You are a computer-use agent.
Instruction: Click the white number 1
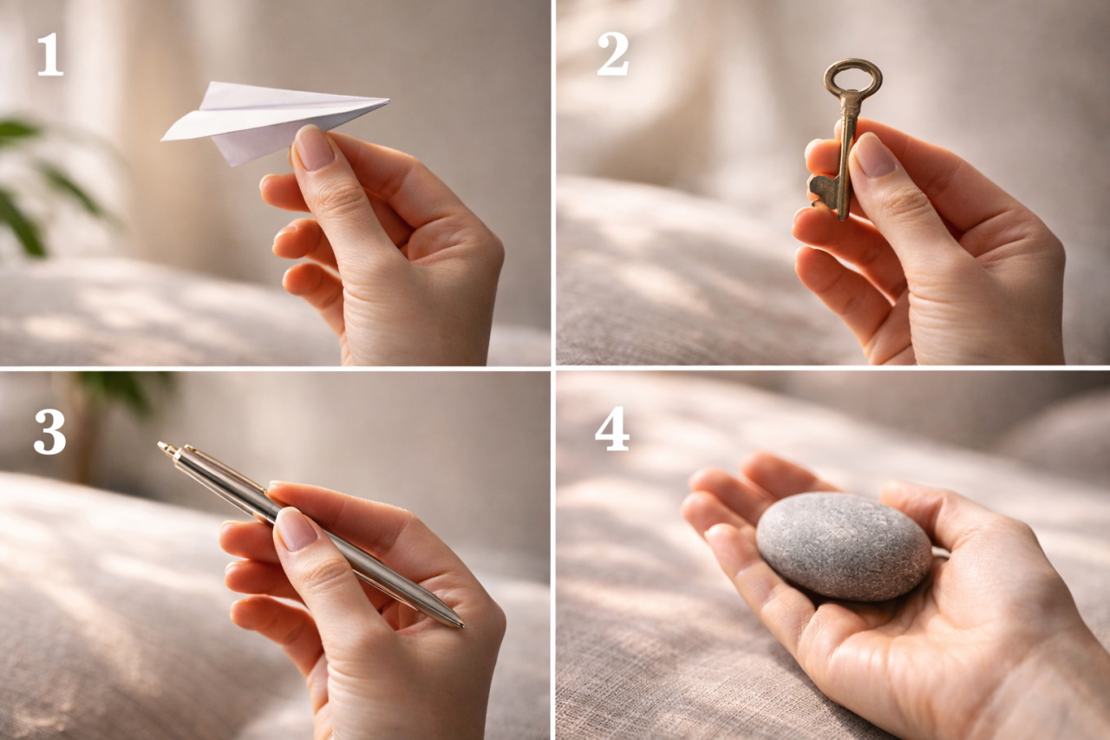tap(50, 56)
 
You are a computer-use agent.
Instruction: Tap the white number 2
tap(613, 54)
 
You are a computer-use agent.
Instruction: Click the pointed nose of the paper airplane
tap(388, 101)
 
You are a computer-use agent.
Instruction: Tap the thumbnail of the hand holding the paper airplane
tap(315, 147)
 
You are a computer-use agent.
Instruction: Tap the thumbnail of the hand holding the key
tap(875, 154)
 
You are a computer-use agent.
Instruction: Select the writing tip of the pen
tap(460, 625)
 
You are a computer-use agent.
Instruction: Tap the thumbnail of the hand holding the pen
tap(296, 528)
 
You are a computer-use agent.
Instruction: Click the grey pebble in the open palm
tap(845, 546)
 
